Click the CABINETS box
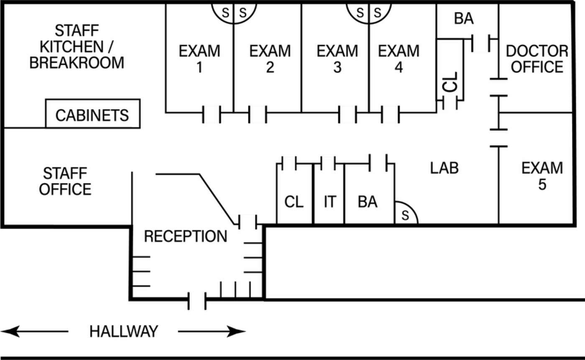click(x=93, y=114)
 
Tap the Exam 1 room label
click(x=199, y=59)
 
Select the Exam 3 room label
click(x=337, y=59)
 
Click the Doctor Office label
click(x=537, y=59)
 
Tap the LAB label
click(x=444, y=168)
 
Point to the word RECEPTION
click(x=186, y=236)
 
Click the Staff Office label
click(x=65, y=181)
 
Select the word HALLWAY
click(x=124, y=331)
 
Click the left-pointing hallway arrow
click(x=34, y=332)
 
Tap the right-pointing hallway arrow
click(x=212, y=332)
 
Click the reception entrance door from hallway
click(x=197, y=301)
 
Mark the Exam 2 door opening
click(x=258, y=114)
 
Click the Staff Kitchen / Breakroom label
click(x=77, y=47)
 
